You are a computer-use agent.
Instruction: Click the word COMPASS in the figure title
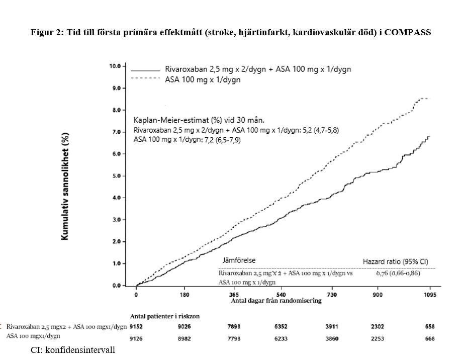[407, 33]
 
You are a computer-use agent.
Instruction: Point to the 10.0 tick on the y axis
[115, 66]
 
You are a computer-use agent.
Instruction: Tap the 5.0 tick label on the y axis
[115, 176]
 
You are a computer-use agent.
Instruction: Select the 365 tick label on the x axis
[234, 295]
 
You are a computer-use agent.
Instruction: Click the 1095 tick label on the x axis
[429, 295]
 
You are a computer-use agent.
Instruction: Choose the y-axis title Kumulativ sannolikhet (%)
[65, 186]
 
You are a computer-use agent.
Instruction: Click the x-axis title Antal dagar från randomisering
[276, 301]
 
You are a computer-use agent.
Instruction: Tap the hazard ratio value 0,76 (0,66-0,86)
[398, 273]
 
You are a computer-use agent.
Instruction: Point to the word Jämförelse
[239, 260]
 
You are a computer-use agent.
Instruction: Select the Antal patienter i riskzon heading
[165, 317]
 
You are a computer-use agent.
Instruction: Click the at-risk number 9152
[137, 326]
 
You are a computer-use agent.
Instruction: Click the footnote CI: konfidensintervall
[73, 349]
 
